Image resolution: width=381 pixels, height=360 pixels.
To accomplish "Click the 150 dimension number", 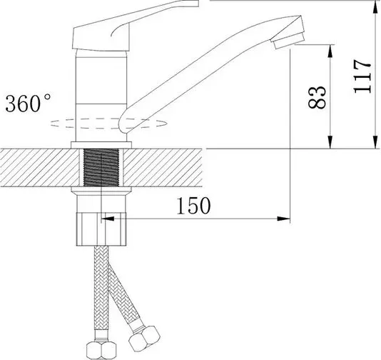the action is (193, 206).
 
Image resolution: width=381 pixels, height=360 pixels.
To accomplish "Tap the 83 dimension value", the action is (317, 97).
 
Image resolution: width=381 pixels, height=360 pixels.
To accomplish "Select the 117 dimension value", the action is (362, 76).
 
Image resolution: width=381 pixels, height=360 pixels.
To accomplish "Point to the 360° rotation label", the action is (29, 103).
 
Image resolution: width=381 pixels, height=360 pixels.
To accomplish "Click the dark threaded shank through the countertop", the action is (101, 167).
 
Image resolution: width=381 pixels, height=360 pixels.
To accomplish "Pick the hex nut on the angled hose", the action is (144, 338).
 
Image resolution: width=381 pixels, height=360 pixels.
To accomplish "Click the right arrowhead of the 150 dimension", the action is (284, 219).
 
